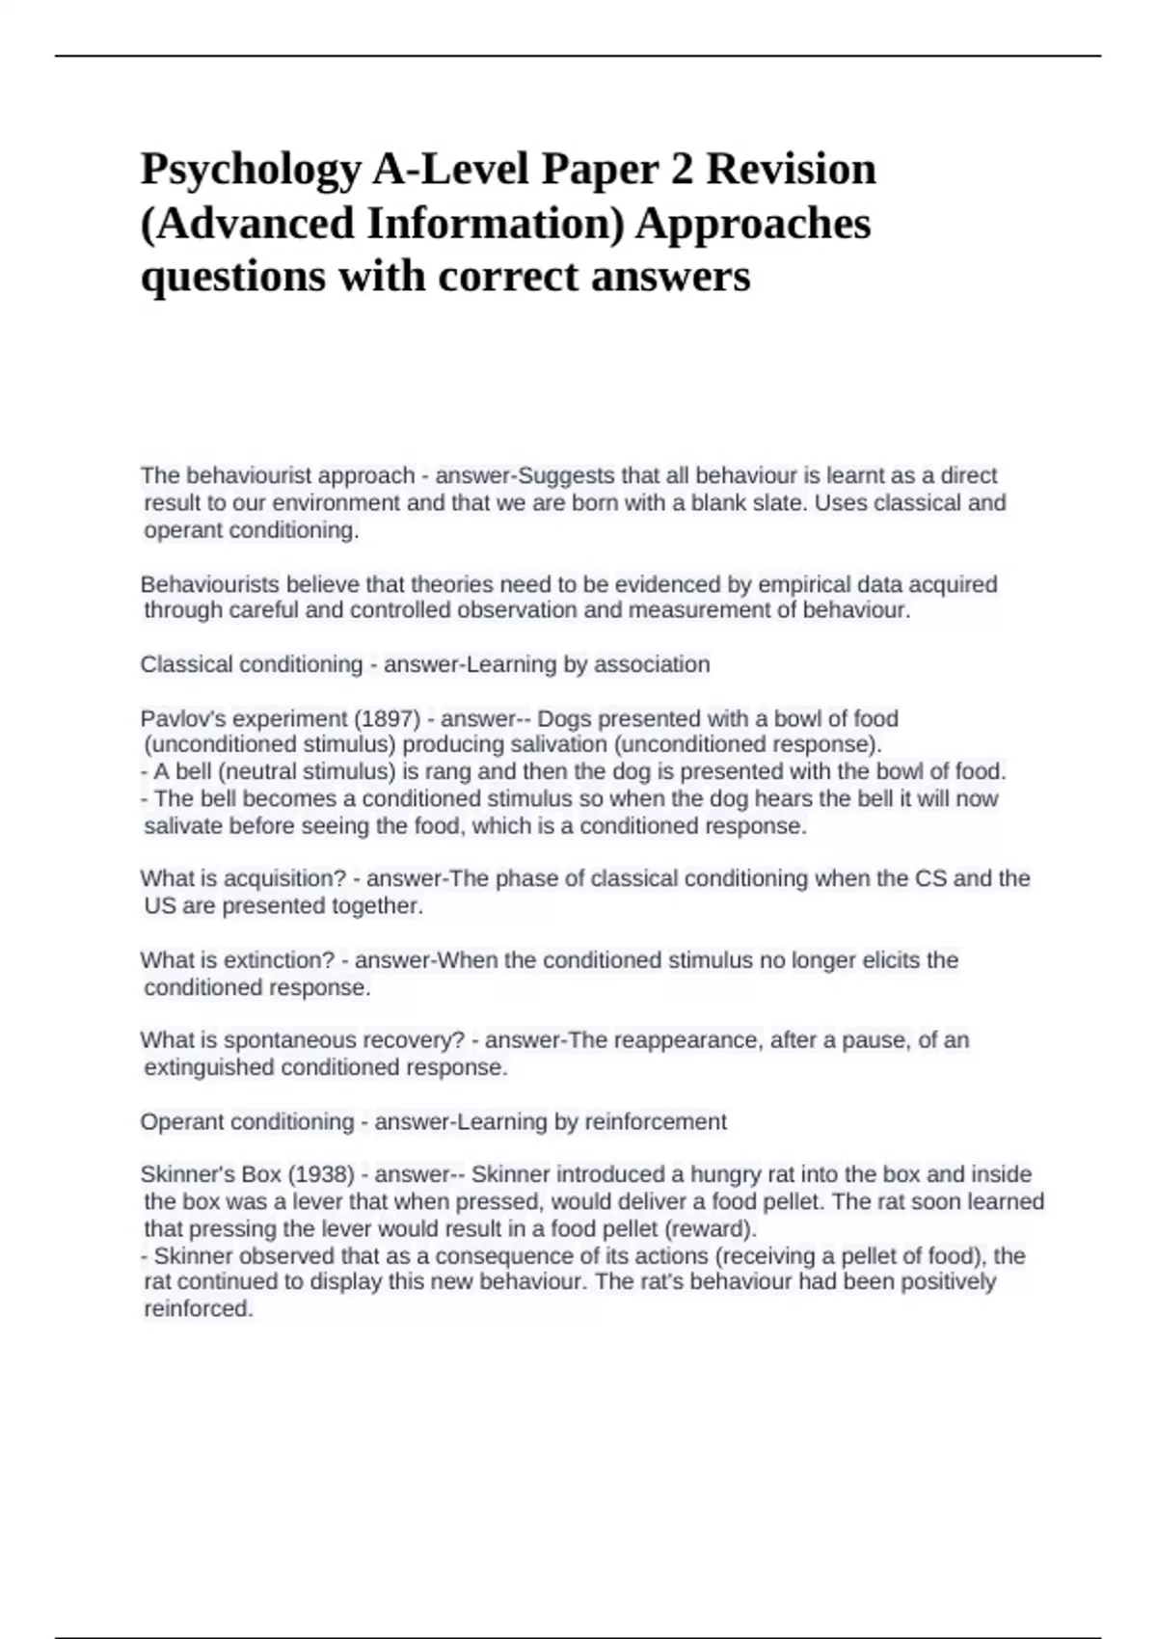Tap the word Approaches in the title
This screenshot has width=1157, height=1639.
[753, 224]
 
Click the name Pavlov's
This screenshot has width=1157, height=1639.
[179, 718]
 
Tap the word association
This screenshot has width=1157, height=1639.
[652, 664]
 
